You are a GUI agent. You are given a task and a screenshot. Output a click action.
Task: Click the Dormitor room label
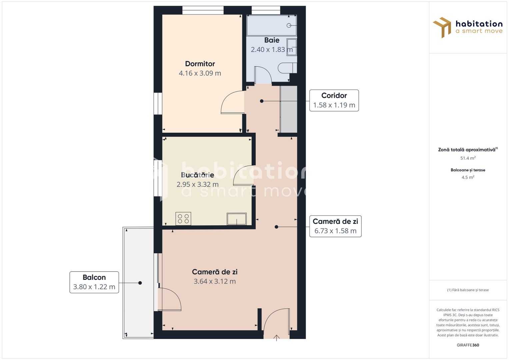click(x=200, y=64)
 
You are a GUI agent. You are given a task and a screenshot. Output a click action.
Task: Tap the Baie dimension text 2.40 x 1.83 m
click(x=272, y=50)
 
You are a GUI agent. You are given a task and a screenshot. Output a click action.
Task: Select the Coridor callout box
click(x=334, y=100)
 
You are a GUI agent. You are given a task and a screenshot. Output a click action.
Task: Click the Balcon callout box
click(x=94, y=282)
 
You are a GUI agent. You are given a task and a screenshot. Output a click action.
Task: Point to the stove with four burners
click(x=183, y=219)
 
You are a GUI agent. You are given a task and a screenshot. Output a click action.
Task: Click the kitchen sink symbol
click(x=237, y=219)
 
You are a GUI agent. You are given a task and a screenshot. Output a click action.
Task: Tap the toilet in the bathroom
click(x=287, y=68)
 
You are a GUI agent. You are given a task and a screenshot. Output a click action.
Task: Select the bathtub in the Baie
click(x=271, y=25)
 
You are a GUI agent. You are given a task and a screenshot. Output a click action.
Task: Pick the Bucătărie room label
click(x=197, y=175)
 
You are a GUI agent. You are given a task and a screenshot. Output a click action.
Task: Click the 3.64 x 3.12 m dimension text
click(x=215, y=281)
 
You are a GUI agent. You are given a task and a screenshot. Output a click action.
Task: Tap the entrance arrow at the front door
click(x=277, y=338)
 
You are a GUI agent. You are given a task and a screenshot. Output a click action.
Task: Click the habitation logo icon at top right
click(x=442, y=27)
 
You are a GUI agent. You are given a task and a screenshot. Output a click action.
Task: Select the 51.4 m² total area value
click(x=468, y=158)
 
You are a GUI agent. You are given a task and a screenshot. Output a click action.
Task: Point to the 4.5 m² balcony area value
click(x=468, y=177)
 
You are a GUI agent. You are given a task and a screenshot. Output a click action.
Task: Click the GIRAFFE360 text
click(x=468, y=345)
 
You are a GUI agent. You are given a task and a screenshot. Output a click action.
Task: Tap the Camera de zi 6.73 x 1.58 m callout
click(x=335, y=226)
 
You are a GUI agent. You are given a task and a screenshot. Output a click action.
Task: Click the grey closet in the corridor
click(x=289, y=109)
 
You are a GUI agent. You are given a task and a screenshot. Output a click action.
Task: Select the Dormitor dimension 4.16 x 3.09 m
click(x=200, y=73)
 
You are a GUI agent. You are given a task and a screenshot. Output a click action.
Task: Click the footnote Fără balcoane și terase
click(x=468, y=290)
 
